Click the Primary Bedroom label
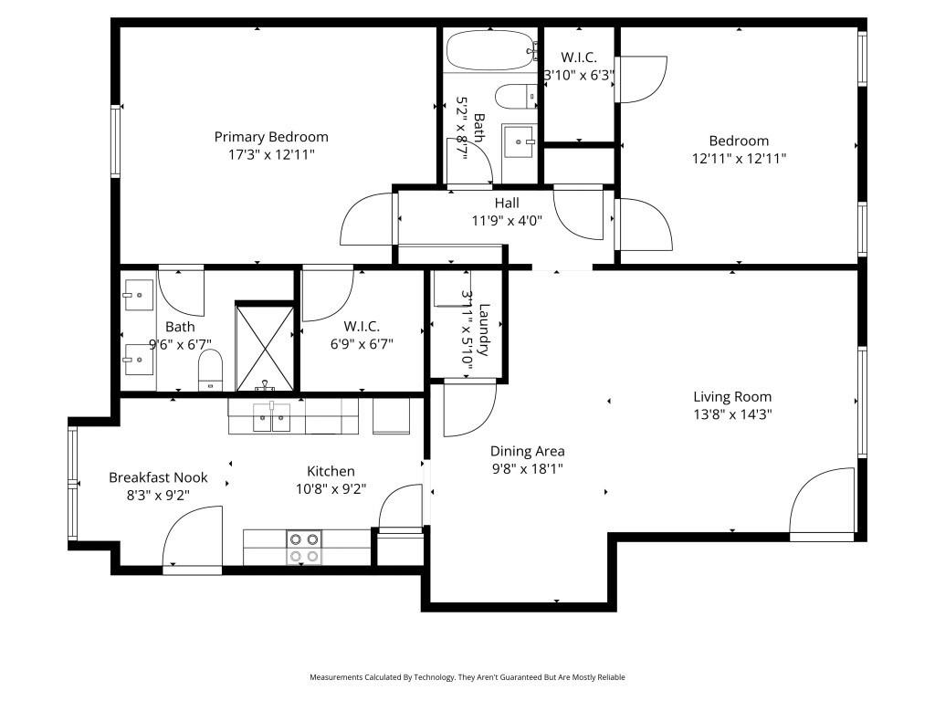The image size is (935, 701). pyautogui.click(x=271, y=137)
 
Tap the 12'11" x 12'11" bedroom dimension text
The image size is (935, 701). pyautogui.click(x=739, y=158)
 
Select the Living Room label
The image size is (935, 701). pyautogui.click(x=732, y=396)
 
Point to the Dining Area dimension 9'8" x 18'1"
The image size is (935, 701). pyautogui.click(x=527, y=469)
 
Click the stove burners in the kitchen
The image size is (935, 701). pyautogui.click(x=304, y=547)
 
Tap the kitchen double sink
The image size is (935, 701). pyautogui.click(x=272, y=418)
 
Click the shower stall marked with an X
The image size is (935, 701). pyautogui.click(x=265, y=347)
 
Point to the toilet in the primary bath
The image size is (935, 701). pyautogui.click(x=211, y=369)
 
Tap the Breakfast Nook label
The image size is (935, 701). pyautogui.click(x=158, y=477)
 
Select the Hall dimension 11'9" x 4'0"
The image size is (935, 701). pyautogui.click(x=507, y=219)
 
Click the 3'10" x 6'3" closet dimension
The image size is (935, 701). pyautogui.click(x=579, y=76)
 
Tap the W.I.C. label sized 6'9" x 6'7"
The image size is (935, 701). pyautogui.click(x=362, y=326)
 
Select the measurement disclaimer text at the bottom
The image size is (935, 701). pyautogui.click(x=467, y=677)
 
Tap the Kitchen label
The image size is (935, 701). pyautogui.click(x=331, y=471)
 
